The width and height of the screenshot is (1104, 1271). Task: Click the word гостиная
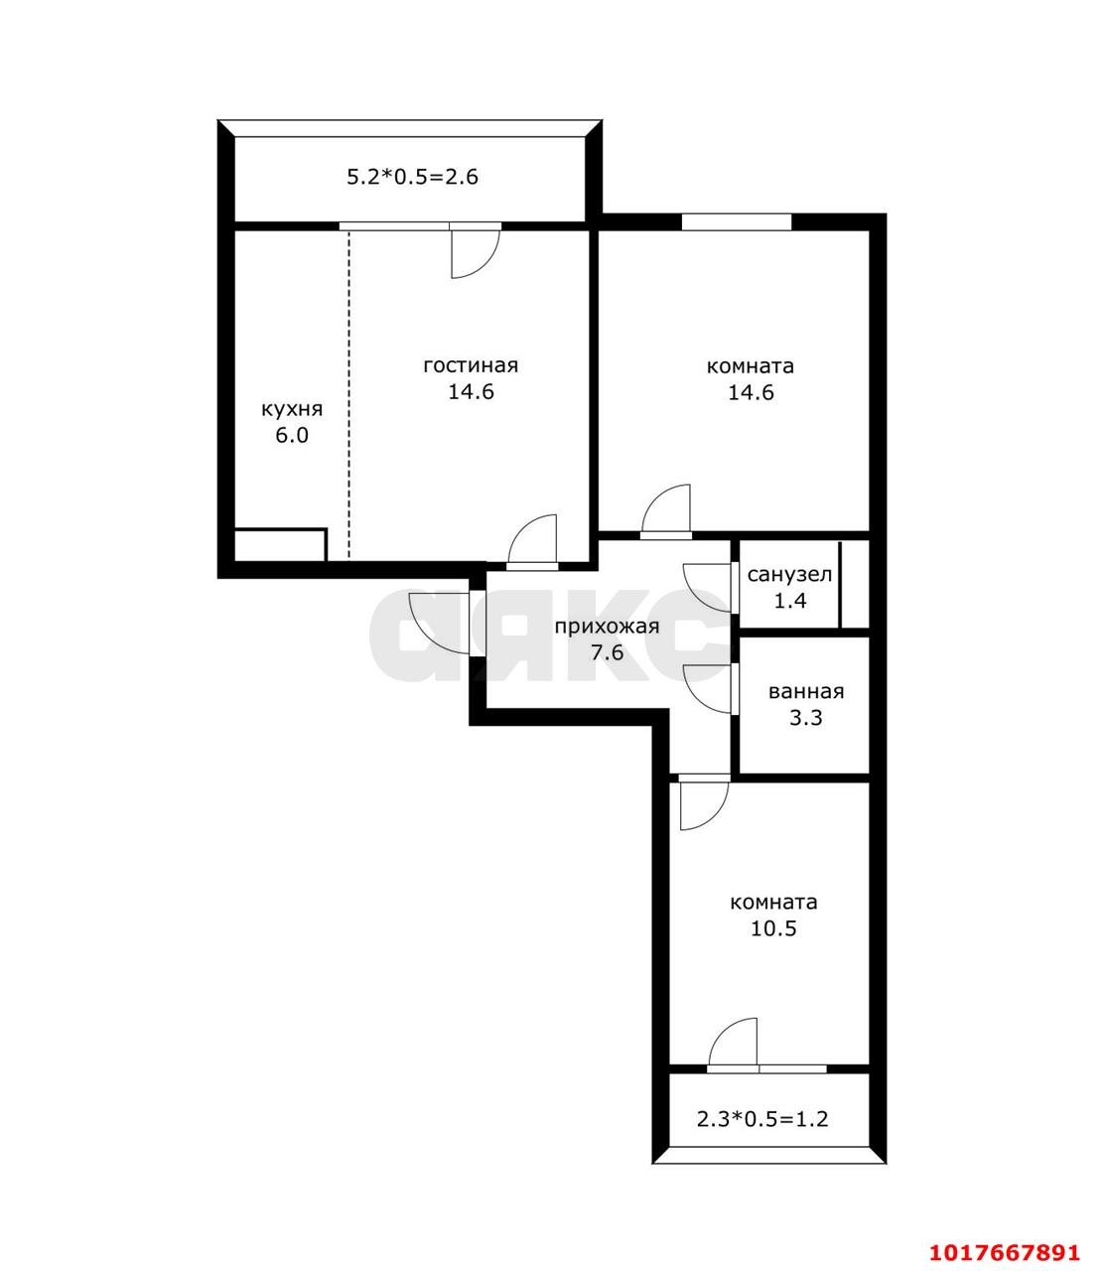[470, 366]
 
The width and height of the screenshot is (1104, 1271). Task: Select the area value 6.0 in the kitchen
[292, 436]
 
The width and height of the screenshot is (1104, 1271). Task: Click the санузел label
[789, 575]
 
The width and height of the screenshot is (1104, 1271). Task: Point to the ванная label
[806, 692]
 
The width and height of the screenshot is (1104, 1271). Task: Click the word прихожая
[607, 627]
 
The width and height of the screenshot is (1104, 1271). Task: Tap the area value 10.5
[773, 928]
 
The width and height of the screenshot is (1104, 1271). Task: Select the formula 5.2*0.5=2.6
[412, 178]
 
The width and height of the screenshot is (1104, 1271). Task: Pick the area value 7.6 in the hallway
[607, 653]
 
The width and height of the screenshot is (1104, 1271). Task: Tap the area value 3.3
[806, 718]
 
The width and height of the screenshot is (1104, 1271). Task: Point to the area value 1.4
[790, 602]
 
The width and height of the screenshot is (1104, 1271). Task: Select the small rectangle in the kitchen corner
[279, 544]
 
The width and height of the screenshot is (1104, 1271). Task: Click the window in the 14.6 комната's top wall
[737, 221]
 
